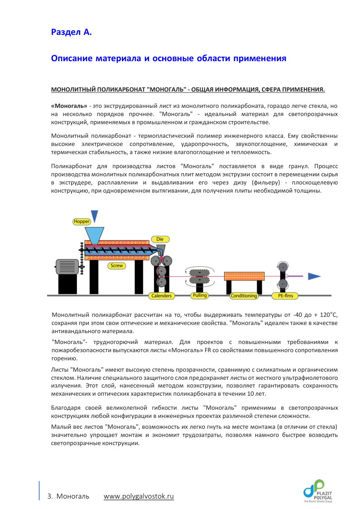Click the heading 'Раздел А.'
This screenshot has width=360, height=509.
point(71,32)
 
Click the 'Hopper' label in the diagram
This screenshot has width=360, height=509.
point(82,222)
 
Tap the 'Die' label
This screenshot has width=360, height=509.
point(159,239)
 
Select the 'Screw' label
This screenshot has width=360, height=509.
point(117,266)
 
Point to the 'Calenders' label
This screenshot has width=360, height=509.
point(162,296)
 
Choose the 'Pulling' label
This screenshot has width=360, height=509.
point(200,296)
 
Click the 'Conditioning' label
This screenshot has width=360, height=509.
point(244,296)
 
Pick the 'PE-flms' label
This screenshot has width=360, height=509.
point(283,296)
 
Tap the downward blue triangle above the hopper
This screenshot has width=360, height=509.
point(94,216)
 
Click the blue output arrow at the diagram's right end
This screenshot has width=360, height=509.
point(314,276)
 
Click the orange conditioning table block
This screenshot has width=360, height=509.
point(244,276)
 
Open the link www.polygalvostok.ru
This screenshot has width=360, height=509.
point(139,496)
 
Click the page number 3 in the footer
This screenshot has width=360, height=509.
point(49,496)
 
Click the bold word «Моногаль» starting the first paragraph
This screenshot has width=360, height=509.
point(69,106)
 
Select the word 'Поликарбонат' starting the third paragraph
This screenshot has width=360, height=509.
point(70,166)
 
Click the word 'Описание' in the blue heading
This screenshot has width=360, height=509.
point(72,58)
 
